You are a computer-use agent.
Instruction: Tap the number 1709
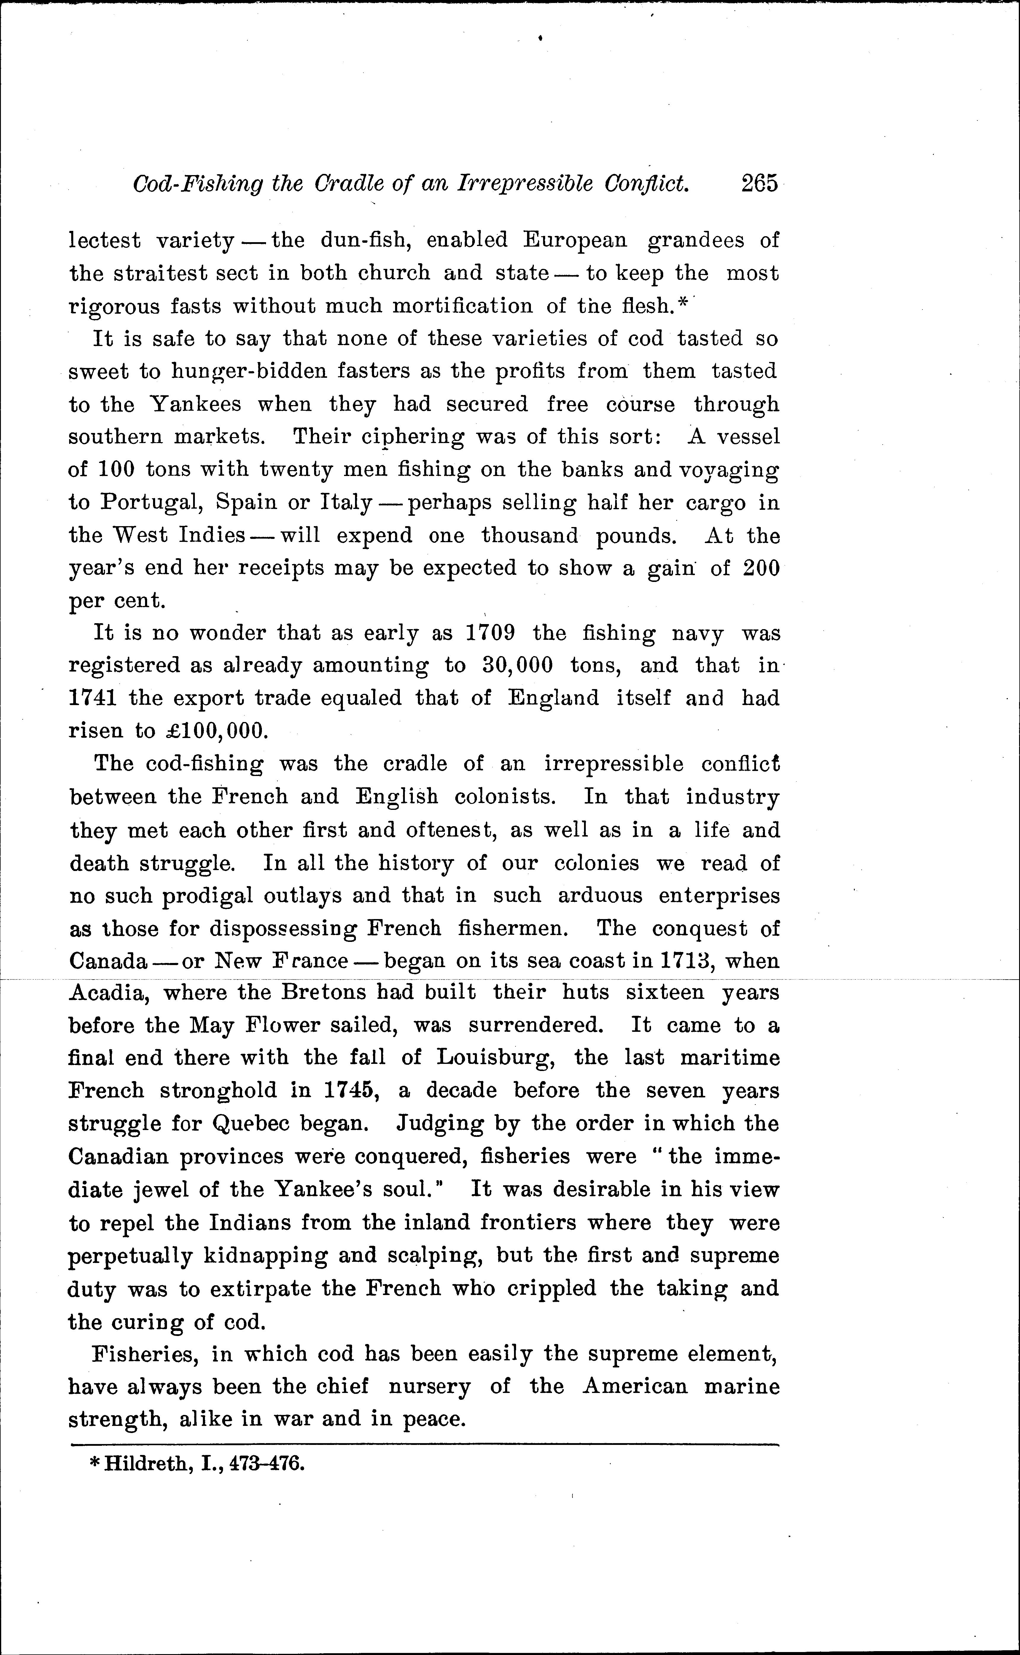pos(491,633)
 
